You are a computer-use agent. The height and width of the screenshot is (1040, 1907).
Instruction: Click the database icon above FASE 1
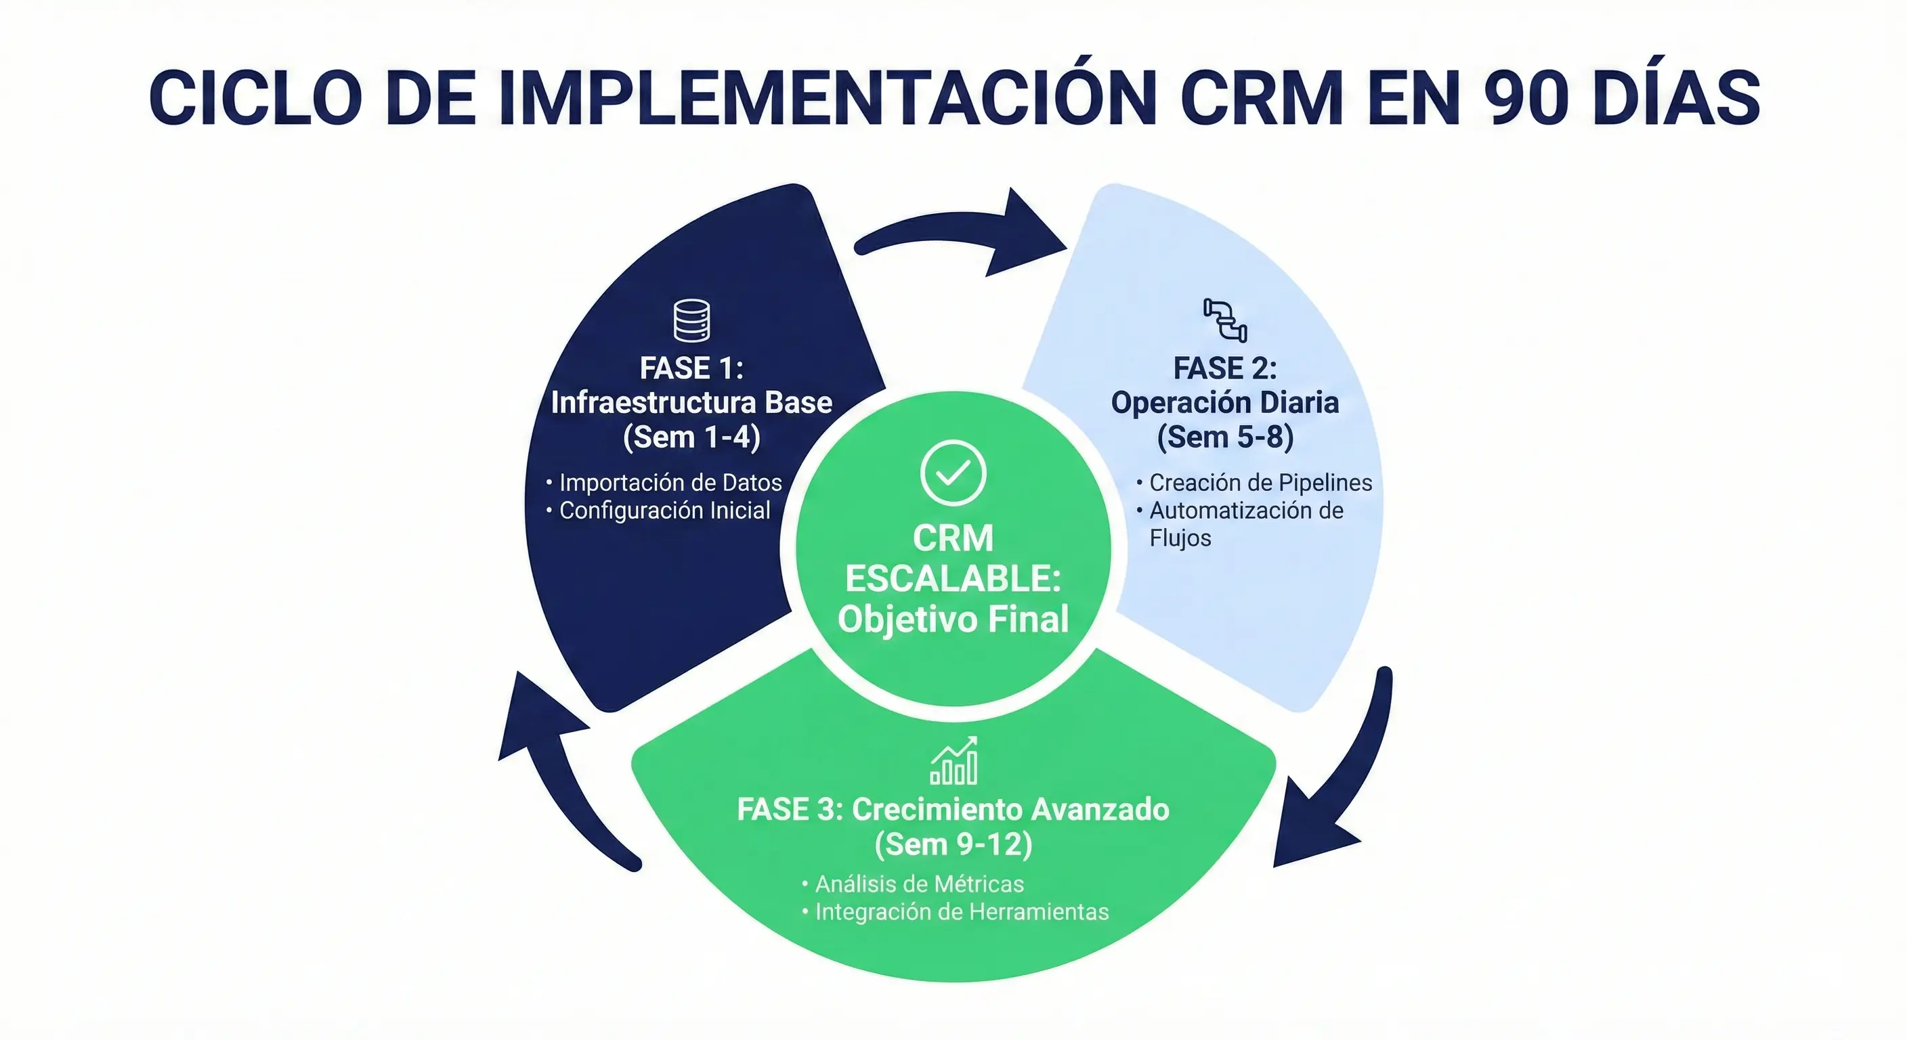coord(691,320)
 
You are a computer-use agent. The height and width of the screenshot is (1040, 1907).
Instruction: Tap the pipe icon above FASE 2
coord(1225,320)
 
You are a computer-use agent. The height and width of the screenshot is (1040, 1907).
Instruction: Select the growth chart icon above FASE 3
coord(953,761)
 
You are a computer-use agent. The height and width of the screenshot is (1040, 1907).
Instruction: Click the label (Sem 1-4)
coord(691,437)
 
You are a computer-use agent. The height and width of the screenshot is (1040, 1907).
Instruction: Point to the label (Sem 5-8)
coord(1225,437)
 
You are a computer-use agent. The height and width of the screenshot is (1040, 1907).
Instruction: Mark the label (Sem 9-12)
coord(953,844)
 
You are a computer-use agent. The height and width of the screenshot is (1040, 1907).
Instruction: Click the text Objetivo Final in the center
coord(953,619)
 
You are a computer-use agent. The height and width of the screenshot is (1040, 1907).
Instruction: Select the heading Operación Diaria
coord(1225,403)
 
